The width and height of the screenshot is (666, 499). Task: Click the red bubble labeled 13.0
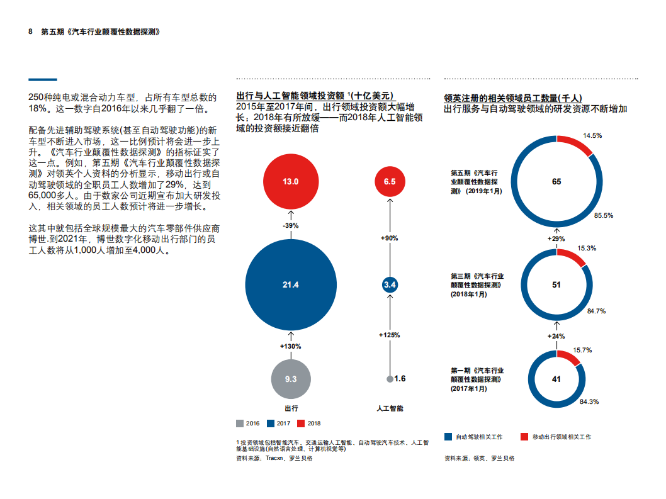coord(290,182)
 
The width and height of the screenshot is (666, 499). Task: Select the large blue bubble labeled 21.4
coord(290,285)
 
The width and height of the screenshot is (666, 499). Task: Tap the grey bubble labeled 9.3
coord(290,379)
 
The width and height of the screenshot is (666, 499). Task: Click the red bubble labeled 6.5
coord(390,182)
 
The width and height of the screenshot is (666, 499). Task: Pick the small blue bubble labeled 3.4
coord(390,285)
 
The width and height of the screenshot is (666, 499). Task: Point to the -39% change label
coord(290,225)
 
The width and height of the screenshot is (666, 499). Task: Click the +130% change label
coord(290,346)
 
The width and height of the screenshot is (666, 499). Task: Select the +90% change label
coord(390,238)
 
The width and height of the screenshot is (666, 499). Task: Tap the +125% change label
coord(390,335)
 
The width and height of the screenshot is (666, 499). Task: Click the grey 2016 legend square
coord(240,423)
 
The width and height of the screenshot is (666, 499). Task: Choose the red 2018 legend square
coord(300,423)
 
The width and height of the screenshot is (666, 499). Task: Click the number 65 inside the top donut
coord(556,182)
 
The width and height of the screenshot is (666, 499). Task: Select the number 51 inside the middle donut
coord(556,284)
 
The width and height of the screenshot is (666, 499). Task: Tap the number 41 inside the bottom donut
coord(556,379)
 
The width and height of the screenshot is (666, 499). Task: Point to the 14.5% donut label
coord(592,135)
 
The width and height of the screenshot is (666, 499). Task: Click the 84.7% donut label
coord(596,311)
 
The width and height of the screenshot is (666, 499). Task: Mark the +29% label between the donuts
coord(556,238)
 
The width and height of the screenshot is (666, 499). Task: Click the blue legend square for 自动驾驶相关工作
coord(448,437)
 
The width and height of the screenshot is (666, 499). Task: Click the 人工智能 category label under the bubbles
coord(390,408)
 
